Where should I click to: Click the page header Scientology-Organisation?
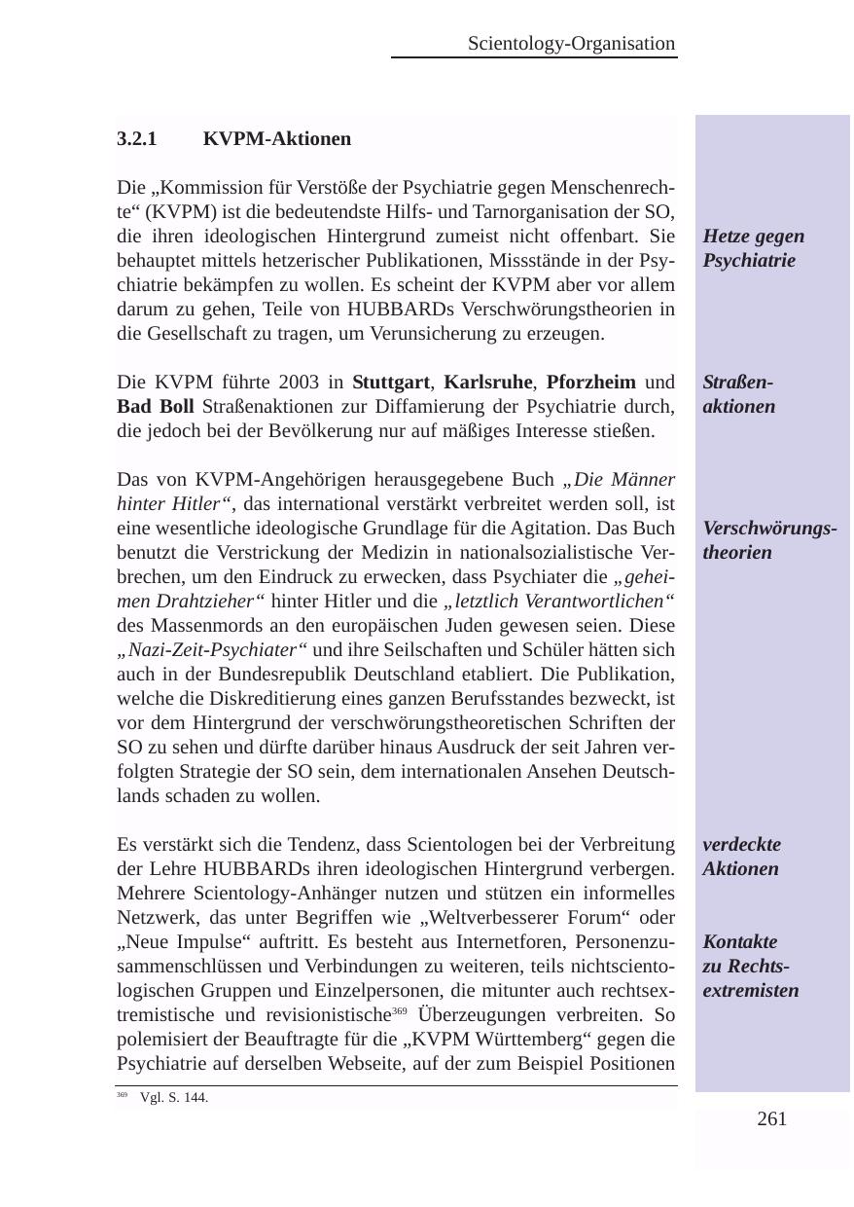571,44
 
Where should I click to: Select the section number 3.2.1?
136,139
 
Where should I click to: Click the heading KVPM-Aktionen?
277,139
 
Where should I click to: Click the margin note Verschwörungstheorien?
770,540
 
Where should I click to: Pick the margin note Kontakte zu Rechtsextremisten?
750,967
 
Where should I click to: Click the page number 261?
771,1119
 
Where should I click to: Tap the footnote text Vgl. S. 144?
174,1098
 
